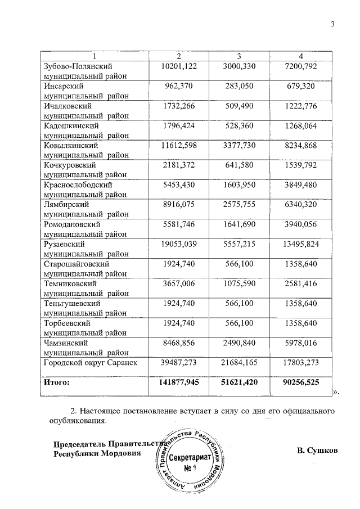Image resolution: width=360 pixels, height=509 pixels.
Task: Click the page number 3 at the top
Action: click(x=332, y=24)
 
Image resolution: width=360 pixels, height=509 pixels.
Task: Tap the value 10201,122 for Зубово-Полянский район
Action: click(x=179, y=66)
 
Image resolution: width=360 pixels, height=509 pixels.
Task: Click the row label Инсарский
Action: click(x=64, y=86)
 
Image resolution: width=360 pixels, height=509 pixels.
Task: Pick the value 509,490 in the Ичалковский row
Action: click(x=238, y=106)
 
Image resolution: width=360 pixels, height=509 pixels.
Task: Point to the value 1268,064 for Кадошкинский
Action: click(x=301, y=125)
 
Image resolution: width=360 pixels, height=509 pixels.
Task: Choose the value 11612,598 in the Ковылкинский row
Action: click(x=179, y=145)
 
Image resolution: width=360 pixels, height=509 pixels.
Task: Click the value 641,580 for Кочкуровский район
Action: click(x=238, y=165)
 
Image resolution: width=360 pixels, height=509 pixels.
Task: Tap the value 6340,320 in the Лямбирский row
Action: click(x=301, y=204)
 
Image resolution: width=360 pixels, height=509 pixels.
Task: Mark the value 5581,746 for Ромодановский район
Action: click(x=179, y=224)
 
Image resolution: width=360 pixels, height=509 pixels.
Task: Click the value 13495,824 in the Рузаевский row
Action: click(x=301, y=244)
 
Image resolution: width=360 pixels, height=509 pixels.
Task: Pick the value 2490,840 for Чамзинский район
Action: click(x=238, y=342)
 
